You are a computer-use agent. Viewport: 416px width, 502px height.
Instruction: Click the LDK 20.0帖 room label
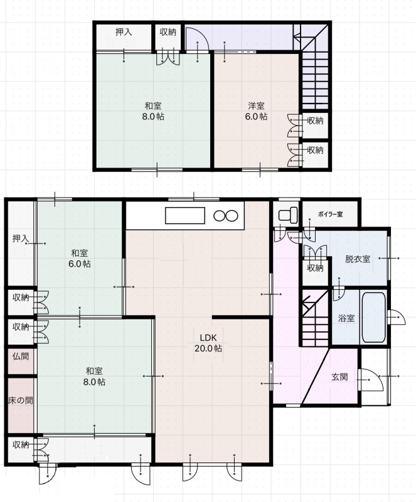[208, 343]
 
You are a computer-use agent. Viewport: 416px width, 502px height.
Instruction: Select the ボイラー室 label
[331, 214]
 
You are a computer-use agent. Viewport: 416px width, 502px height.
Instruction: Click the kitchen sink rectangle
[184, 215]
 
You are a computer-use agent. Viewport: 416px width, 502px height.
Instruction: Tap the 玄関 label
[339, 377]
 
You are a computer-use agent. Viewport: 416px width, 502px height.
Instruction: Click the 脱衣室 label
[358, 259]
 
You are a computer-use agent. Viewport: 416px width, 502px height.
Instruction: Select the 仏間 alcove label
[21, 356]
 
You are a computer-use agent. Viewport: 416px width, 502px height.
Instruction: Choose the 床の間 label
[21, 400]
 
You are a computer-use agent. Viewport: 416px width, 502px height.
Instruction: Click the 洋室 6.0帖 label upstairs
[256, 111]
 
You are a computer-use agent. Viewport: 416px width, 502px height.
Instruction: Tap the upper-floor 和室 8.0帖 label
[153, 111]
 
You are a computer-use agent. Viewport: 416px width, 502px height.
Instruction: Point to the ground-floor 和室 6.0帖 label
[80, 259]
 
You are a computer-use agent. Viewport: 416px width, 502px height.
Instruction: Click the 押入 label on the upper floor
[124, 32]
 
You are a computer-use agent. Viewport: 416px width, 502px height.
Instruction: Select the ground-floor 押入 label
[21, 238]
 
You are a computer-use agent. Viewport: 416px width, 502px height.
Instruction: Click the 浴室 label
[346, 318]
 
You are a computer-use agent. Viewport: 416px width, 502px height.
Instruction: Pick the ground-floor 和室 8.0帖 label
[94, 376]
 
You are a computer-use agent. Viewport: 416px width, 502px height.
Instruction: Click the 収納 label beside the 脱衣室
[315, 268]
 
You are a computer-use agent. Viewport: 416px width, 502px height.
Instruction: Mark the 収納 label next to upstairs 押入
[168, 32]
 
